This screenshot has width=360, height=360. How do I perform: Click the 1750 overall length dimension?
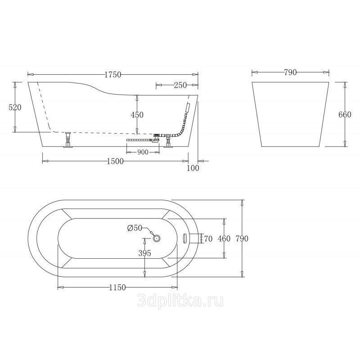113,75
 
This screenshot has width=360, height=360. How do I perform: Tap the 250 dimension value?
180,85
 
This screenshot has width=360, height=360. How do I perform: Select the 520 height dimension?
15,107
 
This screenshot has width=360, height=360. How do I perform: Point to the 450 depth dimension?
137,115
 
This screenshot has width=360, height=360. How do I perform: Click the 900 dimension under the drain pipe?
143,152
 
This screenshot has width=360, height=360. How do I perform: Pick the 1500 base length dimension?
115,162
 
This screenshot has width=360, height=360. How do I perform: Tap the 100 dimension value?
193,168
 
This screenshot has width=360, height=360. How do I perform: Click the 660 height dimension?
345,114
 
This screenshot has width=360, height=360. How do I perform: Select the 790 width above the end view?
290,72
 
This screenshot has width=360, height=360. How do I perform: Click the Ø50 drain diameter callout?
135,228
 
